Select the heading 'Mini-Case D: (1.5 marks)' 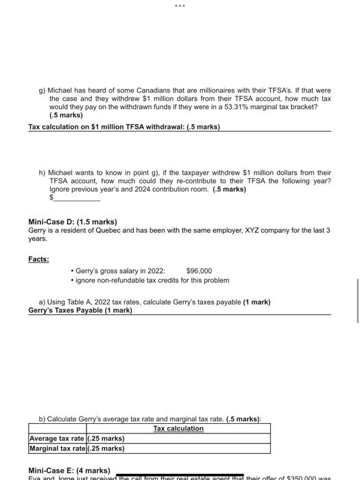(73, 222)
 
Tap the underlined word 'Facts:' (38, 259)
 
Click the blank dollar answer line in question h (77, 197)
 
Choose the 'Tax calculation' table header (178, 429)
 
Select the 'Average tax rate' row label (58, 438)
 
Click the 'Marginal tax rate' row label (58, 448)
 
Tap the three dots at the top (180, 5)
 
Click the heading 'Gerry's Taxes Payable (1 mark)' (80, 311)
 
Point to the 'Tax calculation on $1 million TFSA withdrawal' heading (123, 128)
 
